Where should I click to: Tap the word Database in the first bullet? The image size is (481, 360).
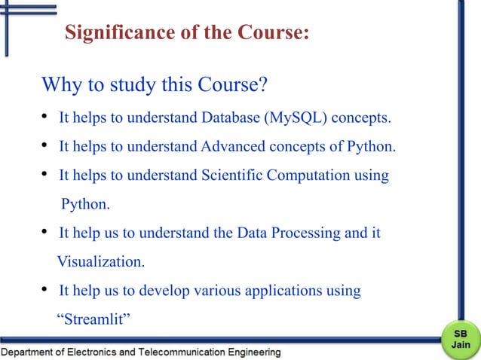pyautogui.click(x=230, y=118)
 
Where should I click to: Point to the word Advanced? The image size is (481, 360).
pyautogui.click(x=239, y=146)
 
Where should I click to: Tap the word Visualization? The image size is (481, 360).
pyautogui.click(x=101, y=262)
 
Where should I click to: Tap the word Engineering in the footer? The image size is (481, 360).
pyautogui.click(x=254, y=352)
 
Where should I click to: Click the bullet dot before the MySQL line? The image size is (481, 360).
pyautogui.click(x=45, y=117)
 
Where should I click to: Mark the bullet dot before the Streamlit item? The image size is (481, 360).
pyautogui.click(x=45, y=290)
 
